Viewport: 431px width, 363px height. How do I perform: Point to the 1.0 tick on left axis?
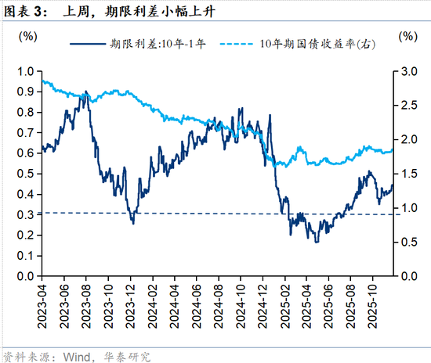click(x=25, y=71)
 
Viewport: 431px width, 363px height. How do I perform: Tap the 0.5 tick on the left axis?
click(x=25, y=174)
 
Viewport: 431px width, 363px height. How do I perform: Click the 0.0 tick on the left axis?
click(x=25, y=276)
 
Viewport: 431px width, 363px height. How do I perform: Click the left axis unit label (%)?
click(x=27, y=36)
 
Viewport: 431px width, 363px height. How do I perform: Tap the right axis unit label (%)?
click(x=407, y=36)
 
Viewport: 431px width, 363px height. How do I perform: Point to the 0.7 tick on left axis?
click(x=25, y=133)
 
